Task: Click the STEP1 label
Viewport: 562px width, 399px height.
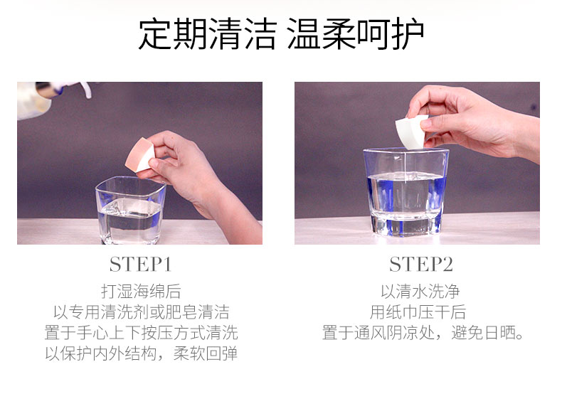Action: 141,265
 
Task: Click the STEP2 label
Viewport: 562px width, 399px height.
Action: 421,265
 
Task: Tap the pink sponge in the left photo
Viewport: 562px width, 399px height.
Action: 139,155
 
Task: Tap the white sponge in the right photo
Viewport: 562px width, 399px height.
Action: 411,131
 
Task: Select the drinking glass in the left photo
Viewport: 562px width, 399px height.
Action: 130,211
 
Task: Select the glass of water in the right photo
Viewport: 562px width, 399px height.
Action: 405,192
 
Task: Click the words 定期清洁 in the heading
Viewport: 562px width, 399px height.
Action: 208,34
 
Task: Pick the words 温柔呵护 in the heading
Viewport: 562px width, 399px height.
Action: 356,34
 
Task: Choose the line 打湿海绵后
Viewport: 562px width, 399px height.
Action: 141,291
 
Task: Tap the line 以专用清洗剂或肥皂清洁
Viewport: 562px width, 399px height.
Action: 141,312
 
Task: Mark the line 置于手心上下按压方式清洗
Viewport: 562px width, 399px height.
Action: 141,333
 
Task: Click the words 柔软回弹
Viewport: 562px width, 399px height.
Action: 206,353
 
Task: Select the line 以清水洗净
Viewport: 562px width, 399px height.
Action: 420,291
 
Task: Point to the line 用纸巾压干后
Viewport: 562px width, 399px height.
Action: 418,312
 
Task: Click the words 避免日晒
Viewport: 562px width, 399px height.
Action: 483,333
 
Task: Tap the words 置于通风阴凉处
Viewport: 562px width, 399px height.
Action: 378,333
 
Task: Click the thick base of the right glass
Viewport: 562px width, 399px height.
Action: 405,225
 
